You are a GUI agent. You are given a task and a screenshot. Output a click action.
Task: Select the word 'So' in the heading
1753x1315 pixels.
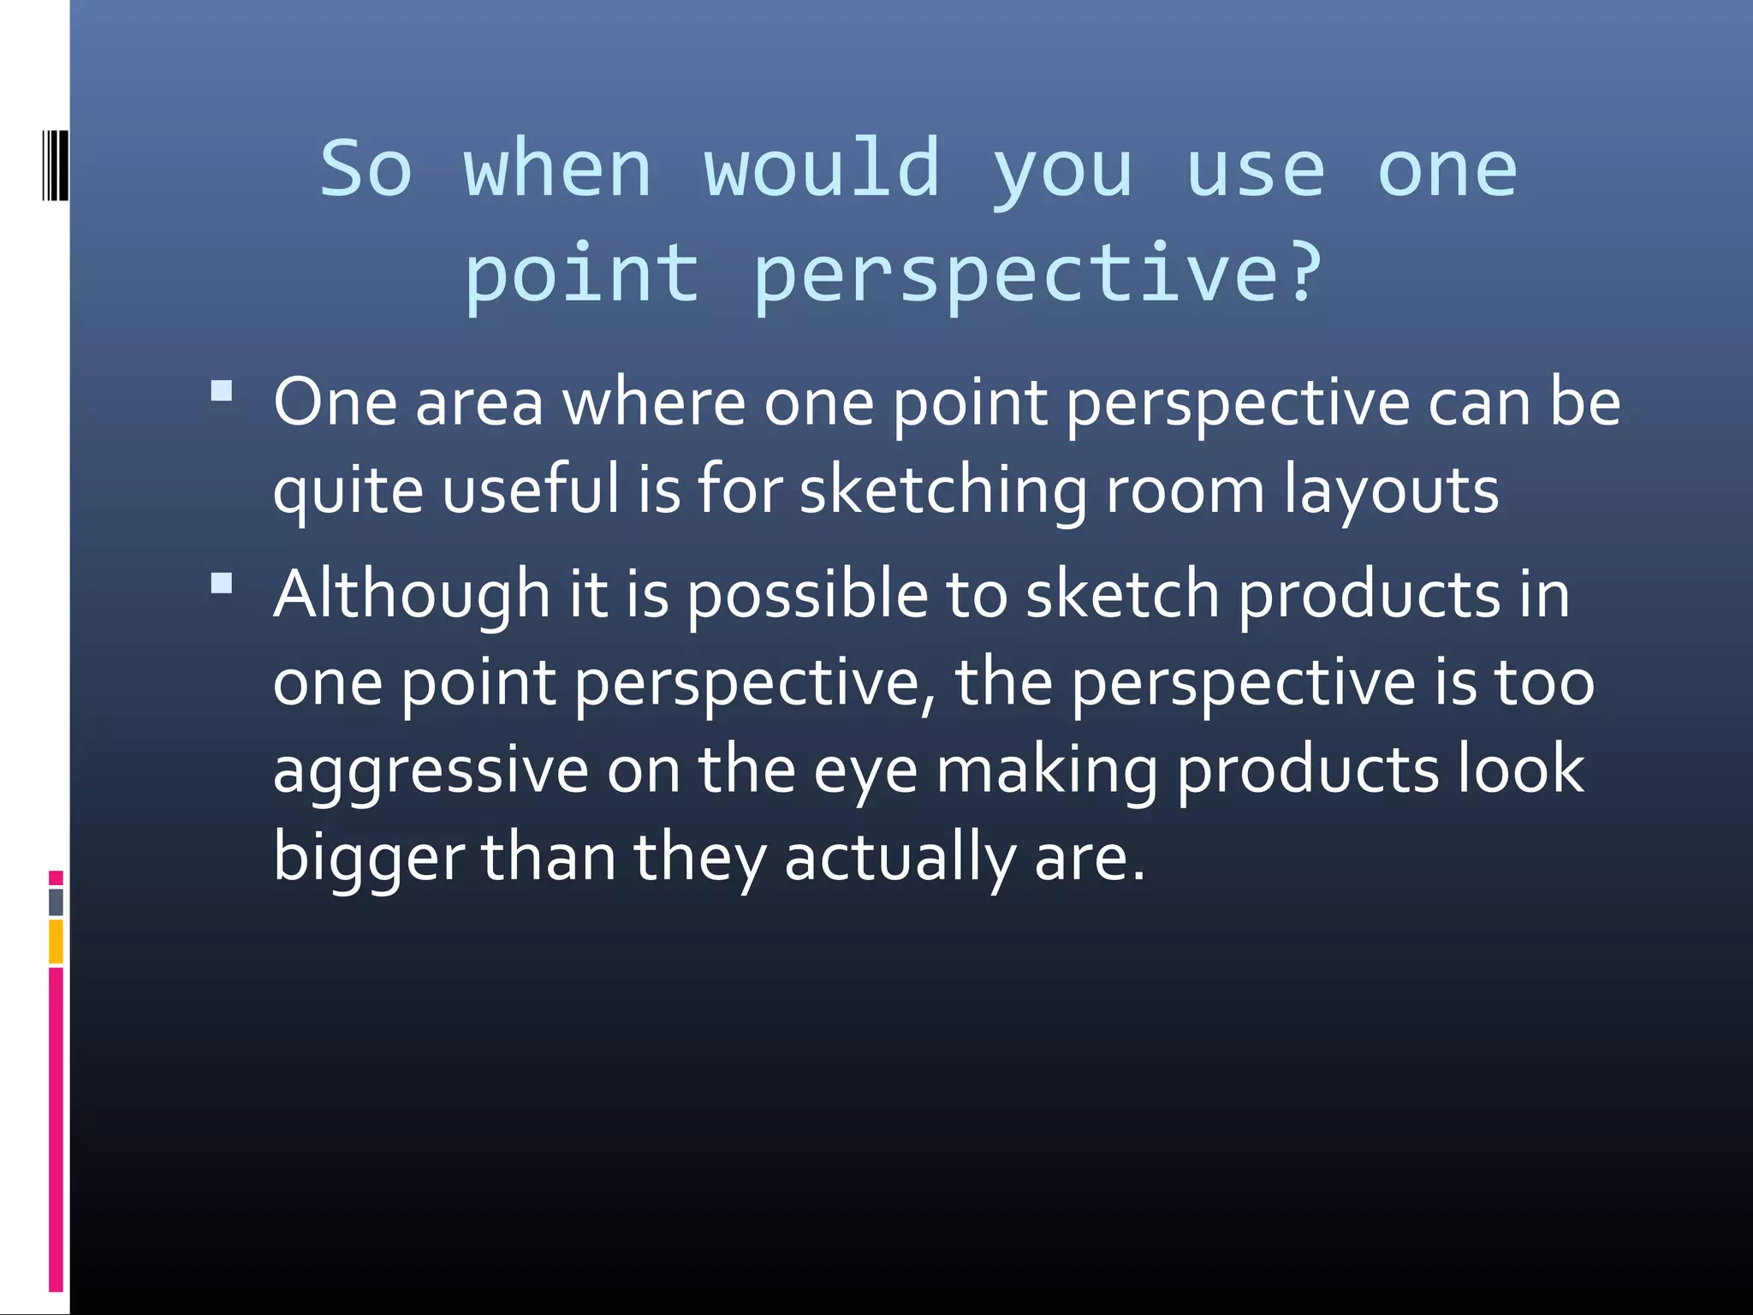[x=366, y=170]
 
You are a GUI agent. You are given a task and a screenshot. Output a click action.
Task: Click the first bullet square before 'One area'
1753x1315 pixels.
[x=222, y=391]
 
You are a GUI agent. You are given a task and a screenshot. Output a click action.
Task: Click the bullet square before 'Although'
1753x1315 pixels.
[x=222, y=584]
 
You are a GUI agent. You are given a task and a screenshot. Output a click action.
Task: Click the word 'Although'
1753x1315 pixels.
[x=411, y=595]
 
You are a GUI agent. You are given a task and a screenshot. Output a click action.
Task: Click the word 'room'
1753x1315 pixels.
[x=1185, y=491]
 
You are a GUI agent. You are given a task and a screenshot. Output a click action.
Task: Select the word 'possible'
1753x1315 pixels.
[x=807, y=596]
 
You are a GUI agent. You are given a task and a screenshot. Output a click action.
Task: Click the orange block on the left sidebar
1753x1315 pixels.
[x=56, y=941]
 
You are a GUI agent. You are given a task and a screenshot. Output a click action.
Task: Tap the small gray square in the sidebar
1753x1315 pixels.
[x=56, y=901]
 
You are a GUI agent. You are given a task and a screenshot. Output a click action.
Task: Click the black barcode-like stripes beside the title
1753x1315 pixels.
[x=55, y=164]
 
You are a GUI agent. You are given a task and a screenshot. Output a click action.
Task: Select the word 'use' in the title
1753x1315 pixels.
[x=1256, y=170]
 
